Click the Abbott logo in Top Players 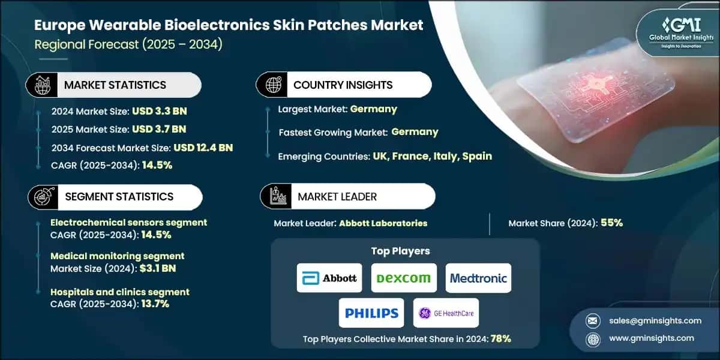pyautogui.click(x=329, y=278)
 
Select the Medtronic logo pyautogui.click(x=478, y=278)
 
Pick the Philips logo pyautogui.click(x=371, y=313)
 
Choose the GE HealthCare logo pyautogui.click(x=446, y=313)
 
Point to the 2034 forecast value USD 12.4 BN pyautogui.click(x=203, y=148)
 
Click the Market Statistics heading pyautogui.click(x=115, y=85)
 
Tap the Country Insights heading pyautogui.click(x=343, y=85)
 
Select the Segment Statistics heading pyautogui.click(x=119, y=196)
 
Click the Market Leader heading pyautogui.click(x=337, y=196)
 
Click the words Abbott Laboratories pyautogui.click(x=383, y=223)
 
